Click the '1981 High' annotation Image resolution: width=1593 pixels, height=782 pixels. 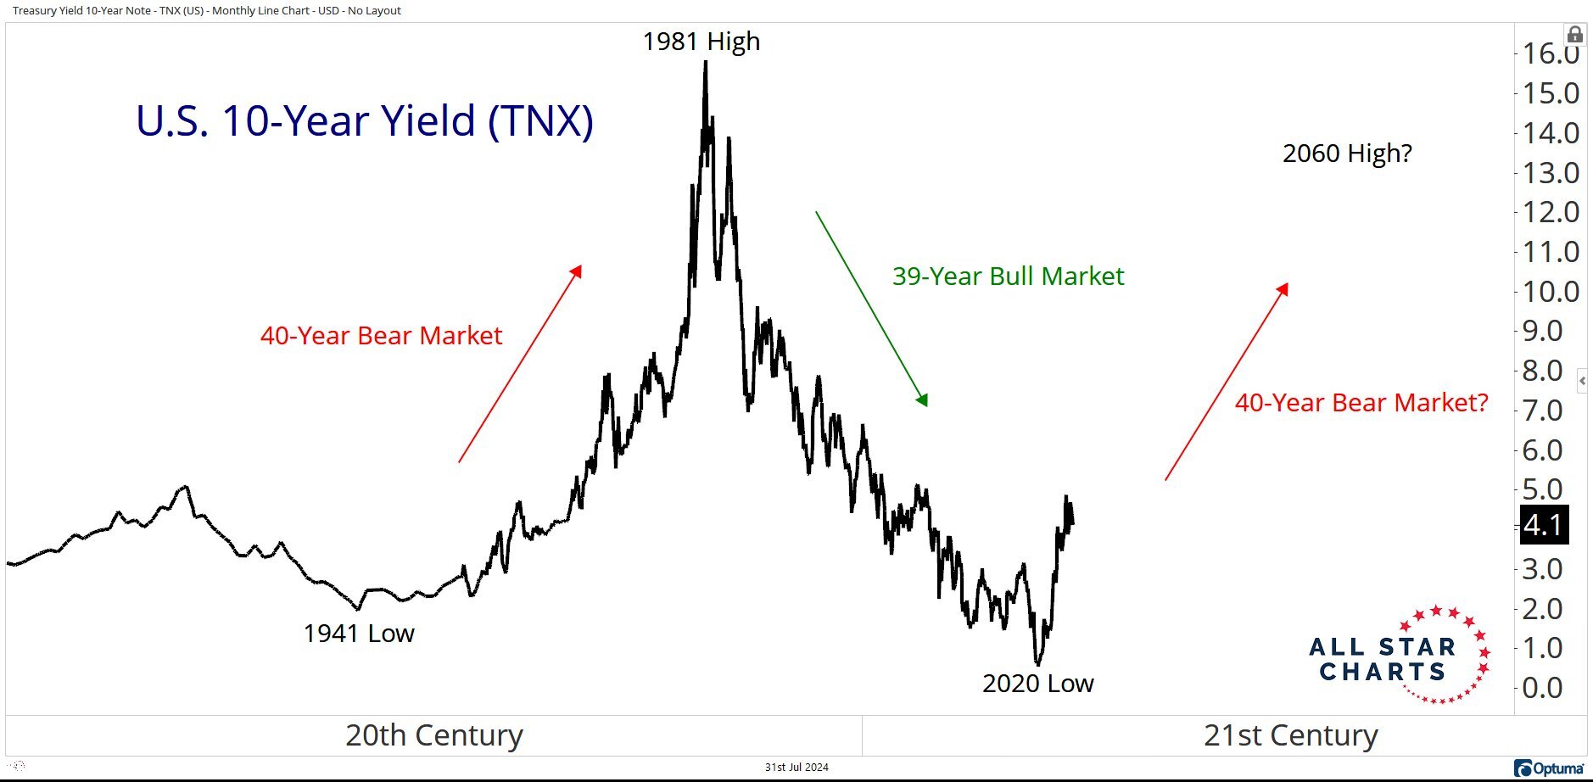(701, 41)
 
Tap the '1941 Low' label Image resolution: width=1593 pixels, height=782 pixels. (359, 633)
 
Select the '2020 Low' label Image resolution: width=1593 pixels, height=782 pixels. (1037, 683)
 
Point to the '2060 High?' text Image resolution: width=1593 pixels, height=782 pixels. (1347, 154)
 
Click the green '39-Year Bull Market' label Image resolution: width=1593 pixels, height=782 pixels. (1008, 276)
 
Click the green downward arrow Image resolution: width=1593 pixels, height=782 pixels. (871, 309)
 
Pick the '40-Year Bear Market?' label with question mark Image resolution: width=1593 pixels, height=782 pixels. (1361, 402)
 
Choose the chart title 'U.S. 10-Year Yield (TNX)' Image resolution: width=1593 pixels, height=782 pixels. (365, 120)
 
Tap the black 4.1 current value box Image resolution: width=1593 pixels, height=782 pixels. (1543, 525)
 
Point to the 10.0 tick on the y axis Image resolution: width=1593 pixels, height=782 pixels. (1551, 291)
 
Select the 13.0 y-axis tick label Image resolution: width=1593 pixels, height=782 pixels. (1551, 172)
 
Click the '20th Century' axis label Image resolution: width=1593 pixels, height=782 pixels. (433, 735)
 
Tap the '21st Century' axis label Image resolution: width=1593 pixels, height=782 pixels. (1290, 735)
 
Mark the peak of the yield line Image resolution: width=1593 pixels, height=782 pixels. (706, 63)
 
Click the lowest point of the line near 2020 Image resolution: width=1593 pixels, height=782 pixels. (1037, 663)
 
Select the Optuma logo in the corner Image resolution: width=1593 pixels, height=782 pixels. (1550, 768)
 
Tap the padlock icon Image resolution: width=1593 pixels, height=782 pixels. (1574, 35)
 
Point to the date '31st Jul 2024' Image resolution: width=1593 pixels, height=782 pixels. (796, 767)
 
